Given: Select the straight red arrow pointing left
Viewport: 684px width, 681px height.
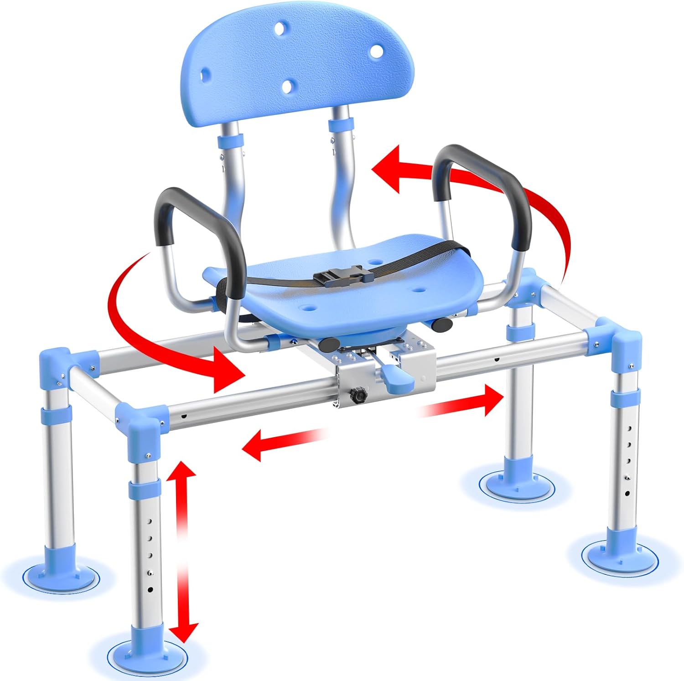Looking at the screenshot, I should (x=283, y=442).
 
